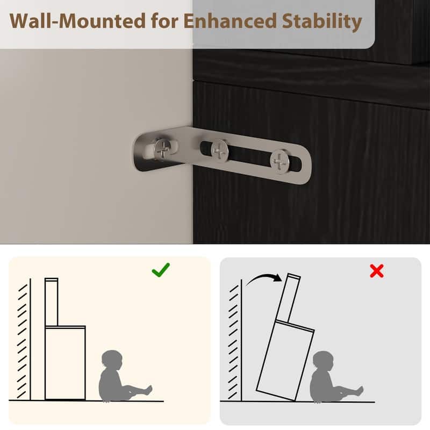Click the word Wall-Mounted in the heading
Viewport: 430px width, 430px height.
pos(77,21)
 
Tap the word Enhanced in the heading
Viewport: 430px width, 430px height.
pos(230,21)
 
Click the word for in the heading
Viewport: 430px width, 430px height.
pos(165,21)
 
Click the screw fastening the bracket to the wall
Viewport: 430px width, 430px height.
pos(163,149)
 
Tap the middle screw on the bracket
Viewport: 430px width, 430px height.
pos(220,150)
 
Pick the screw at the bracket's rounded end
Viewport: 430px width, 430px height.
pos(279,161)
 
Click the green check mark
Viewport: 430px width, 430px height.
pos(161,270)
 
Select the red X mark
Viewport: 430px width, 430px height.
pos(377,271)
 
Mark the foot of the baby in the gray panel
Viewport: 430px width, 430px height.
pos(360,391)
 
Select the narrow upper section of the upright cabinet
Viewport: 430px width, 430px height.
pos(52,302)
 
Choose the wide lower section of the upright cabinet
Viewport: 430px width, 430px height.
pos(65,362)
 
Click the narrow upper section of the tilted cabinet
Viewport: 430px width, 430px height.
pos(288,298)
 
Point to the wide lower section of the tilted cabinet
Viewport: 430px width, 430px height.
pos(285,360)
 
